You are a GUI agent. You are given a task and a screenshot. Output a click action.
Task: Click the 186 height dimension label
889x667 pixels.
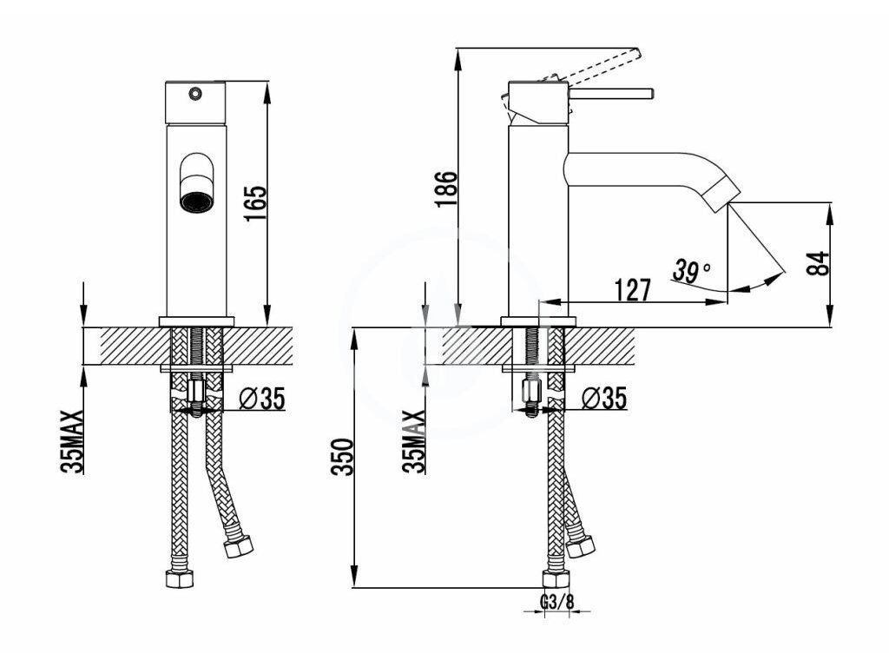point(445,188)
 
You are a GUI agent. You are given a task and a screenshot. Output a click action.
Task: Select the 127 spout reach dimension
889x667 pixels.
point(633,289)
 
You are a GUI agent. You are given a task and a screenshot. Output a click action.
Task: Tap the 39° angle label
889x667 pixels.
point(691,271)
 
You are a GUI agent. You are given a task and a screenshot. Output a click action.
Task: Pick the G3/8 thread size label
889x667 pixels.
point(557,602)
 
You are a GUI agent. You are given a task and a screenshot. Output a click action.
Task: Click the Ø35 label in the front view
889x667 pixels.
point(261,399)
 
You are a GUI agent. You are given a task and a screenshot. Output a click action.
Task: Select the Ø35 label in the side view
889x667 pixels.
point(603,399)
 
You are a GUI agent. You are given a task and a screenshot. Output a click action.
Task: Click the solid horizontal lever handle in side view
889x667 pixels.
point(612,93)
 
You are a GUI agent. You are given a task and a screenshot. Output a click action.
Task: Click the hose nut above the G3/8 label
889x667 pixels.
point(556,579)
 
